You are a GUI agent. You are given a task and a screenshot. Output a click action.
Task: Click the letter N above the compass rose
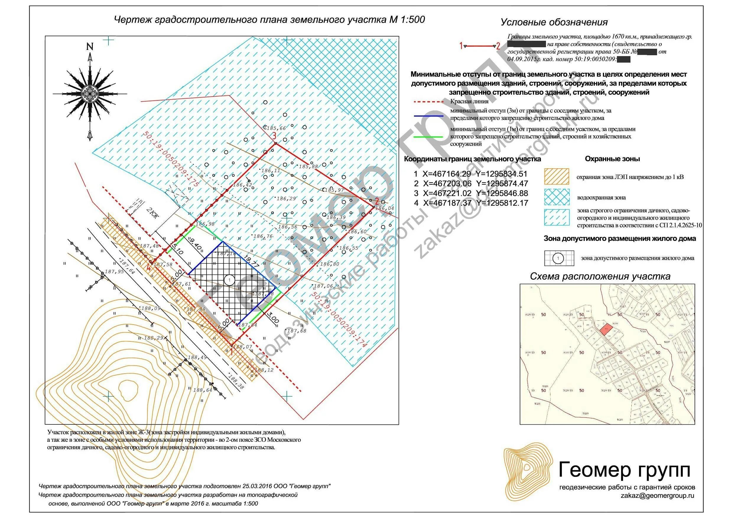pyautogui.click(x=90, y=47)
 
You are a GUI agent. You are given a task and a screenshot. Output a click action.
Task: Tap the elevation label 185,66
pyautogui.click(x=276, y=128)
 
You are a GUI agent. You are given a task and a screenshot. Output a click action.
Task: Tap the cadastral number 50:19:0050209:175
pyautogui.click(x=171, y=159)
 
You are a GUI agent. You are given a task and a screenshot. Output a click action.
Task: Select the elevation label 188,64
pyautogui.click(x=202, y=390)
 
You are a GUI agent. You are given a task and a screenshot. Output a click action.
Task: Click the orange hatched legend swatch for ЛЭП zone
pyautogui.click(x=556, y=177)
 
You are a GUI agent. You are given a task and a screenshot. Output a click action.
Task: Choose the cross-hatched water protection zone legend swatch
pyautogui.click(x=556, y=197)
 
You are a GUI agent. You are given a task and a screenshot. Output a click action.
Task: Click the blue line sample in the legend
pyautogui.click(x=428, y=116)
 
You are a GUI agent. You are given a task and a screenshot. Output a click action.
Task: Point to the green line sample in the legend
pyautogui.click(x=428, y=137)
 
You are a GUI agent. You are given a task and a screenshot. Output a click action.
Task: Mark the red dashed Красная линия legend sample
pyautogui.click(x=428, y=102)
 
